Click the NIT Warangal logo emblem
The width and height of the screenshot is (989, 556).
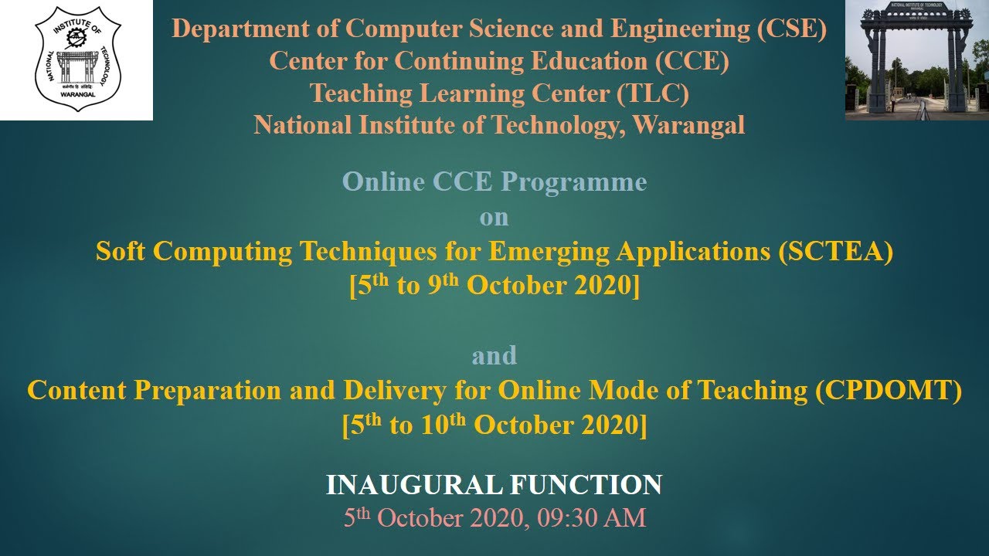[x=76, y=59]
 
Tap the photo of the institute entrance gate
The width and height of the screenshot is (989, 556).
[x=916, y=59]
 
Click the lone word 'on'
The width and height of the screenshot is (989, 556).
[x=494, y=218]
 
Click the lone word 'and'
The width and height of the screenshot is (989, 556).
[x=494, y=356]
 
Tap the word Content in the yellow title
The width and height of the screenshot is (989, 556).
[x=77, y=391]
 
